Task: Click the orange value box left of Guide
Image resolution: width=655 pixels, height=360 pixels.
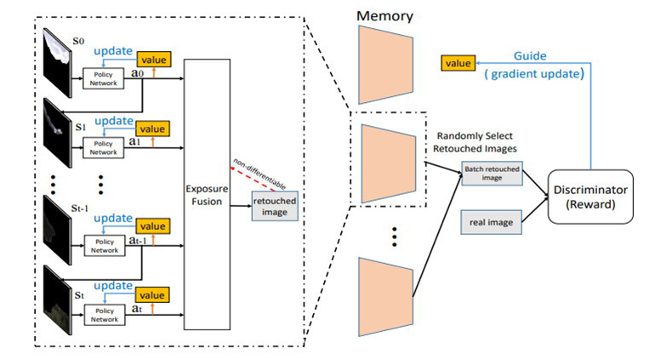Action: pyautogui.click(x=457, y=62)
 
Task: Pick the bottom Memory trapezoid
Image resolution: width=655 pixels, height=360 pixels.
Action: pyautogui.click(x=385, y=293)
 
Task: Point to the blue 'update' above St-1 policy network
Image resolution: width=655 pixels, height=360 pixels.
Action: pyautogui.click(x=111, y=217)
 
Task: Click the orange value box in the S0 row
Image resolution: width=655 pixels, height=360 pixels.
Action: pyautogui.click(x=154, y=59)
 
